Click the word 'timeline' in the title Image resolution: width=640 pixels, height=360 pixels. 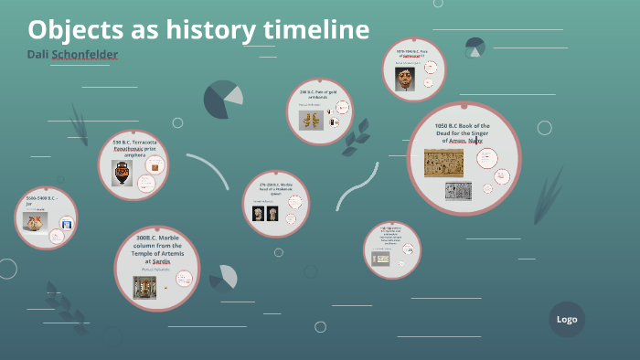tap(316, 30)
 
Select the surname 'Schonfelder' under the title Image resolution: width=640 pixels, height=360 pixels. tap(85, 55)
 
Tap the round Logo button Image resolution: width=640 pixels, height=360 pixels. tap(567, 319)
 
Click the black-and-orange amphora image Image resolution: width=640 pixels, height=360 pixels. tap(121, 173)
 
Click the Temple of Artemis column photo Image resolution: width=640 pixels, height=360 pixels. tap(143, 287)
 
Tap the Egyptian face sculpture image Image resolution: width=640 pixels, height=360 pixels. tap(403, 79)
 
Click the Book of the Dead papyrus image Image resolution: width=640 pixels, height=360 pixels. tap(443, 163)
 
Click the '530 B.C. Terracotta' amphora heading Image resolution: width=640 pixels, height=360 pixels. tap(134, 148)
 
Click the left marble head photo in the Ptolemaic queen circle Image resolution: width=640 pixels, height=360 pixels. tap(258, 213)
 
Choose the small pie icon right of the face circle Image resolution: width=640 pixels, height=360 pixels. tap(475, 46)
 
